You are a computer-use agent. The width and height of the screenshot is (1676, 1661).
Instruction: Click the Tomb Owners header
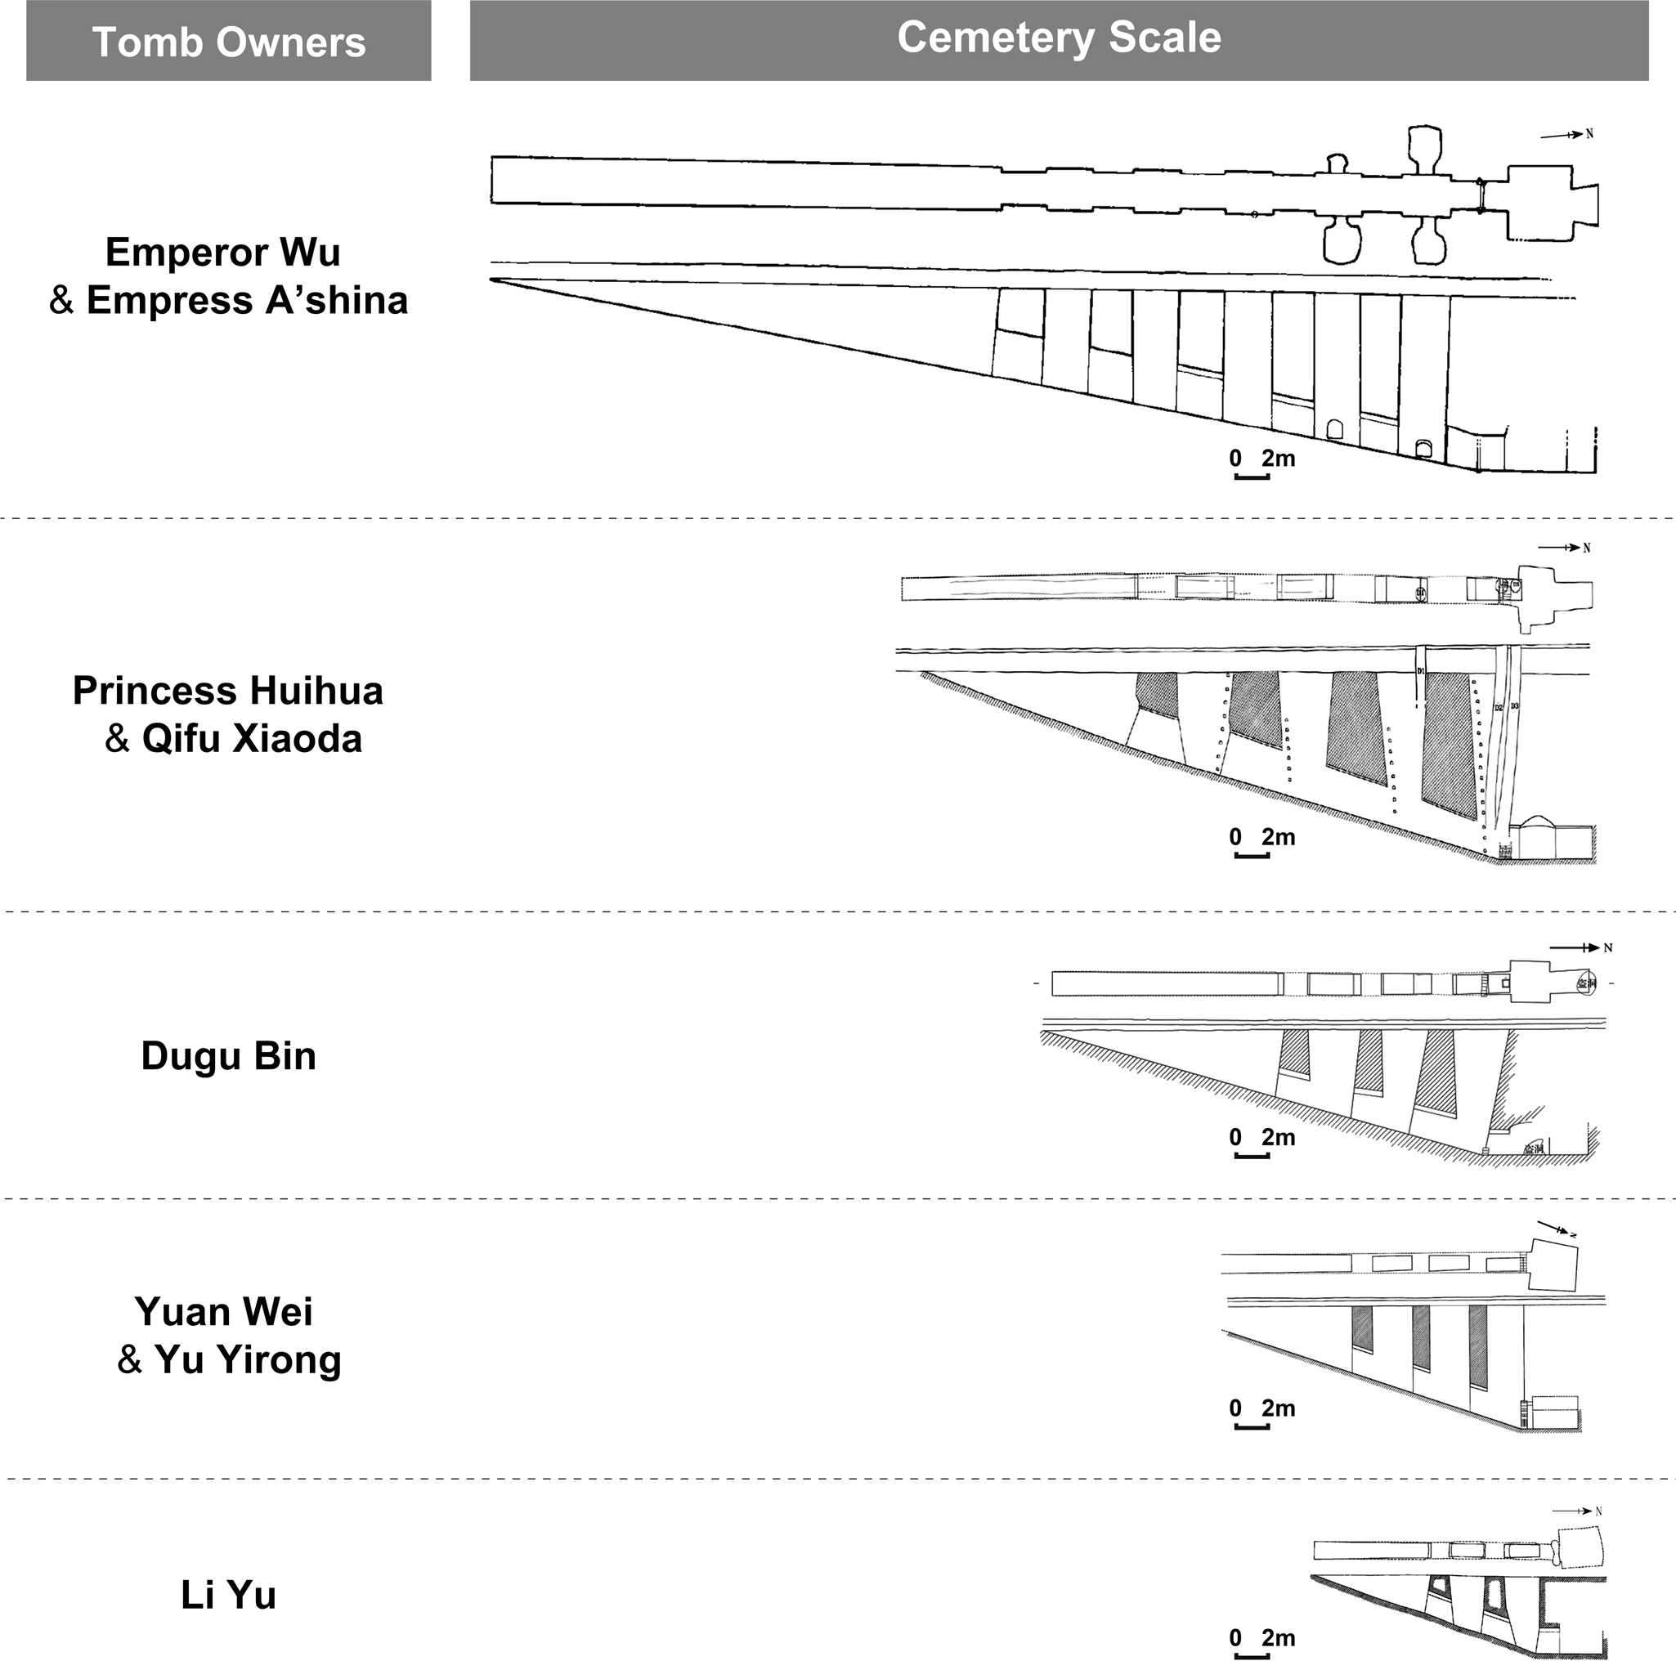pyautogui.click(x=228, y=42)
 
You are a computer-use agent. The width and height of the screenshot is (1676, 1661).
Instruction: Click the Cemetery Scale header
pyautogui.click(x=1059, y=38)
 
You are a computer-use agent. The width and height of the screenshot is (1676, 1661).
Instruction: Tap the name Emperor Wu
pyautogui.click(x=223, y=253)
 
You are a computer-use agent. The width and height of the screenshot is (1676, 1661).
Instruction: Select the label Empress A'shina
pyautogui.click(x=246, y=300)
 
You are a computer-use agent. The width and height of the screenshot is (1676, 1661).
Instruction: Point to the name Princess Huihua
pyautogui.click(x=227, y=692)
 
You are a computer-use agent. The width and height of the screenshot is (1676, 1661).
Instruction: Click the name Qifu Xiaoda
pyautogui.click(x=252, y=739)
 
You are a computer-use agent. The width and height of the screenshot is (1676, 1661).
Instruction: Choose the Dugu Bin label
pyautogui.click(x=228, y=1056)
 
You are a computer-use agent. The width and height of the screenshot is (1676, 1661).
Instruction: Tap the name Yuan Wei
pyautogui.click(x=224, y=1311)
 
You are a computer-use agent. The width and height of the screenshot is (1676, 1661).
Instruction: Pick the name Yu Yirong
pyautogui.click(x=247, y=1359)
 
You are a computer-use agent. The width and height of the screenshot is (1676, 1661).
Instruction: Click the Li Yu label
pyautogui.click(x=228, y=1595)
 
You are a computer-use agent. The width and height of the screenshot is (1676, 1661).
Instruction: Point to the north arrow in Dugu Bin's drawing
pyautogui.click(x=1579, y=948)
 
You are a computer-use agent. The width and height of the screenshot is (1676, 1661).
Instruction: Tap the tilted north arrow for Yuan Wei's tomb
pyautogui.click(x=1554, y=1229)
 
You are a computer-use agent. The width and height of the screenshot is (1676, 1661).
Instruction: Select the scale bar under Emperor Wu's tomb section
pyautogui.click(x=1251, y=477)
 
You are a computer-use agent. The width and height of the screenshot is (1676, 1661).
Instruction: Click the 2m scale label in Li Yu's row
pyautogui.click(x=1278, y=1637)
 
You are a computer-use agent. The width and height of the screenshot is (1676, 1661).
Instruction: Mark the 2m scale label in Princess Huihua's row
pyautogui.click(x=1278, y=837)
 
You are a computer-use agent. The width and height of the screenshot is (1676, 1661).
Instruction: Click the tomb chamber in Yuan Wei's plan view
pyautogui.click(x=1552, y=1265)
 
